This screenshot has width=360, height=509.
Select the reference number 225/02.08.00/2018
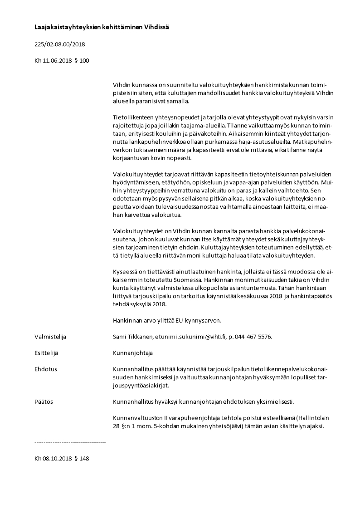[x=60, y=44]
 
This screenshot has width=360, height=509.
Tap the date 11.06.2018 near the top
[x=58, y=60]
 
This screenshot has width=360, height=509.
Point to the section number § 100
[x=82, y=60]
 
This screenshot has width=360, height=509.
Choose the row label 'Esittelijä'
[x=47, y=352]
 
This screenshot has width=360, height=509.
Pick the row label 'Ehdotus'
[x=46, y=369]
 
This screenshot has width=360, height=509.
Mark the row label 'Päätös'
[x=44, y=401]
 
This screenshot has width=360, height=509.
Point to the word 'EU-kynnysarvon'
[x=198, y=320]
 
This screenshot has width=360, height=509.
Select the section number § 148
[x=82, y=459]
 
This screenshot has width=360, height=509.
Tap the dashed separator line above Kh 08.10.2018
[x=70, y=442]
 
